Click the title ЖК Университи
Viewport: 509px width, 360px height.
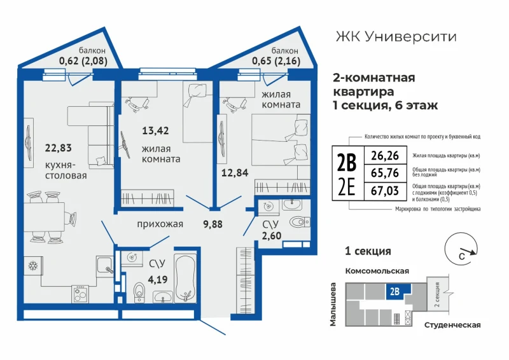point(396,37)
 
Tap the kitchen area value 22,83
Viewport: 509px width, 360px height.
point(58,148)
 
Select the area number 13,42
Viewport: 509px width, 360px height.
point(155,130)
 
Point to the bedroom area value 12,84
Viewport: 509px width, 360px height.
point(235,173)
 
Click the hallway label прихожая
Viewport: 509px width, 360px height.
point(160,224)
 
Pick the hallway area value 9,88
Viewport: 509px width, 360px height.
point(213,224)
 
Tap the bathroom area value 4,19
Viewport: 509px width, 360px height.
point(158,279)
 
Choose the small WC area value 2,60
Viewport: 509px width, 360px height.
point(272,236)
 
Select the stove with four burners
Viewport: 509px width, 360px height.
point(80,294)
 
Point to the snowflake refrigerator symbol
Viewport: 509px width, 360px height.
point(33,266)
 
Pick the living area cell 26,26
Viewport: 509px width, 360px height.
point(385,155)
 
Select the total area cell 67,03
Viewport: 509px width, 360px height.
point(385,191)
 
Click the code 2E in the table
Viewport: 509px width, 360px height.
point(347,189)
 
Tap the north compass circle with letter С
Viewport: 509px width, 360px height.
point(461,248)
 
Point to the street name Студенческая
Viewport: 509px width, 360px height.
point(452,325)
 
